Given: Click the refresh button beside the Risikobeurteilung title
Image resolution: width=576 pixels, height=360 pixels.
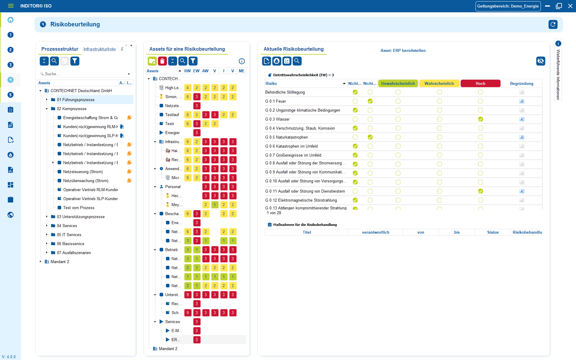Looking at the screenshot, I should (x=553, y=24).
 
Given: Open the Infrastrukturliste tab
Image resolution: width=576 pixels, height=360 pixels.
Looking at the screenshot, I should (x=99, y=49).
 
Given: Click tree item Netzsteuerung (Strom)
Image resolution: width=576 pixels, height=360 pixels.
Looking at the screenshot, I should (x=83, y=172).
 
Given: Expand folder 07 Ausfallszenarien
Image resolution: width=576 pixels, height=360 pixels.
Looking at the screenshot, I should (x=46, y=253).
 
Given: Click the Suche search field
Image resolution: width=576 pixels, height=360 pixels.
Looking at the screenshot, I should (x=84, y=74).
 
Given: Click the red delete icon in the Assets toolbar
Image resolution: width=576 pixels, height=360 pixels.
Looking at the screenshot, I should (x=162, y=61).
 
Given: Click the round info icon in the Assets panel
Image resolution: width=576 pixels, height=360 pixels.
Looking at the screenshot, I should (x=241, y=61).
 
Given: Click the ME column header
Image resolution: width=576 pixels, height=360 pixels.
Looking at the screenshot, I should (x=241, y=71).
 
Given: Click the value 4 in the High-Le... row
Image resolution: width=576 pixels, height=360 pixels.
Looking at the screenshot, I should (x=187, y=88).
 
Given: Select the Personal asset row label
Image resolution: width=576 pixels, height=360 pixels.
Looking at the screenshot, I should (x=173, y=187).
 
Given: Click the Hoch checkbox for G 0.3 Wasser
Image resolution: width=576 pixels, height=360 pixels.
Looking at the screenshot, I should (x=480, y=119).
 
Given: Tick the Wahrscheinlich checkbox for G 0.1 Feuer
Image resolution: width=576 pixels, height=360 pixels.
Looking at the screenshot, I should (x=439, y=101).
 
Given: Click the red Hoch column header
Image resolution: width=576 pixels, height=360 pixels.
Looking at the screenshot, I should (x=480, y=83).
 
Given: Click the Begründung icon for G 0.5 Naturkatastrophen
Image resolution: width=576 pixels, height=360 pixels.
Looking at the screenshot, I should (x=522, y=137).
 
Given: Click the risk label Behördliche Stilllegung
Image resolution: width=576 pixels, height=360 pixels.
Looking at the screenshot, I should (x=285, y=92).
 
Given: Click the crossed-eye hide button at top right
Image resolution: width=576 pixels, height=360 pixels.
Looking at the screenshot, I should (x=540, y=61).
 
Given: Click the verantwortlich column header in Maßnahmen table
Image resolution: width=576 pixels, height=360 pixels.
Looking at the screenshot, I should (x=375, y=232).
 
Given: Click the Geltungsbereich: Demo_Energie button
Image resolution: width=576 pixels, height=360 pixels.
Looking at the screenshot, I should (x=508, y=6).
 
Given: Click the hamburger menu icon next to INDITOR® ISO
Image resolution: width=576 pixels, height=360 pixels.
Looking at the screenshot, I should (x=11, y=6).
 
